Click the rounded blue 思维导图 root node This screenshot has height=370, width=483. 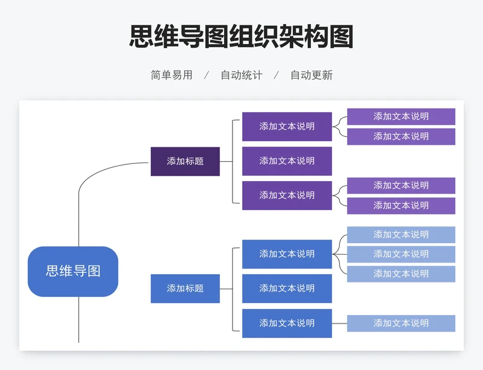click(x=72, y=271)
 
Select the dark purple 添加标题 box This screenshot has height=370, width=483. click(x=185, y=161)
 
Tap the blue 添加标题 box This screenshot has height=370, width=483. click(x=185, y=289)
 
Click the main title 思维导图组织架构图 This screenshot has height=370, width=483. click(x=241, y=36)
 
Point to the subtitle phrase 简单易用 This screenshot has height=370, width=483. click(x=171, y=75)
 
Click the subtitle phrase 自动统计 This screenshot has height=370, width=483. click(x=241, y=75)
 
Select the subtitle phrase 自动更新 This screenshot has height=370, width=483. click(x=312, y=75)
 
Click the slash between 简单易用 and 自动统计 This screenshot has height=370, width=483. click(x=206, y=75)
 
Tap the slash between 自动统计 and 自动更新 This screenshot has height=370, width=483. click(x=277, y=75)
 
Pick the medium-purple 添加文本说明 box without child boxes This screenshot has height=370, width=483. click(x=287, y=161)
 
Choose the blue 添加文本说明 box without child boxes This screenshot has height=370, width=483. click(x=287, y=289)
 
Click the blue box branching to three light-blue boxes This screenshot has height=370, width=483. click(x=287, y=254)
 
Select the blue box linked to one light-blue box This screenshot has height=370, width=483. click(x=287, y=323)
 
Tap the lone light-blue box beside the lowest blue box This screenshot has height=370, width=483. click(x=401, y=323)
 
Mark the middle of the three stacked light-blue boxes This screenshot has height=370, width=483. click(x=401, y=254)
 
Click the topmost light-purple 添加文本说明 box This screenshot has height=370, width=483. click(x=401, y=116)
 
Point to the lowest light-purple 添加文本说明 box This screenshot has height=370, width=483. click(x=401, y=205)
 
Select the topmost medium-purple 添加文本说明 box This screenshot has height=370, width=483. click(x=287, y=126)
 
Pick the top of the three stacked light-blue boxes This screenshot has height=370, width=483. click(x=401, y=234)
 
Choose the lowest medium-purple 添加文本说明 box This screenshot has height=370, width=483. click(x=287, y=195)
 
